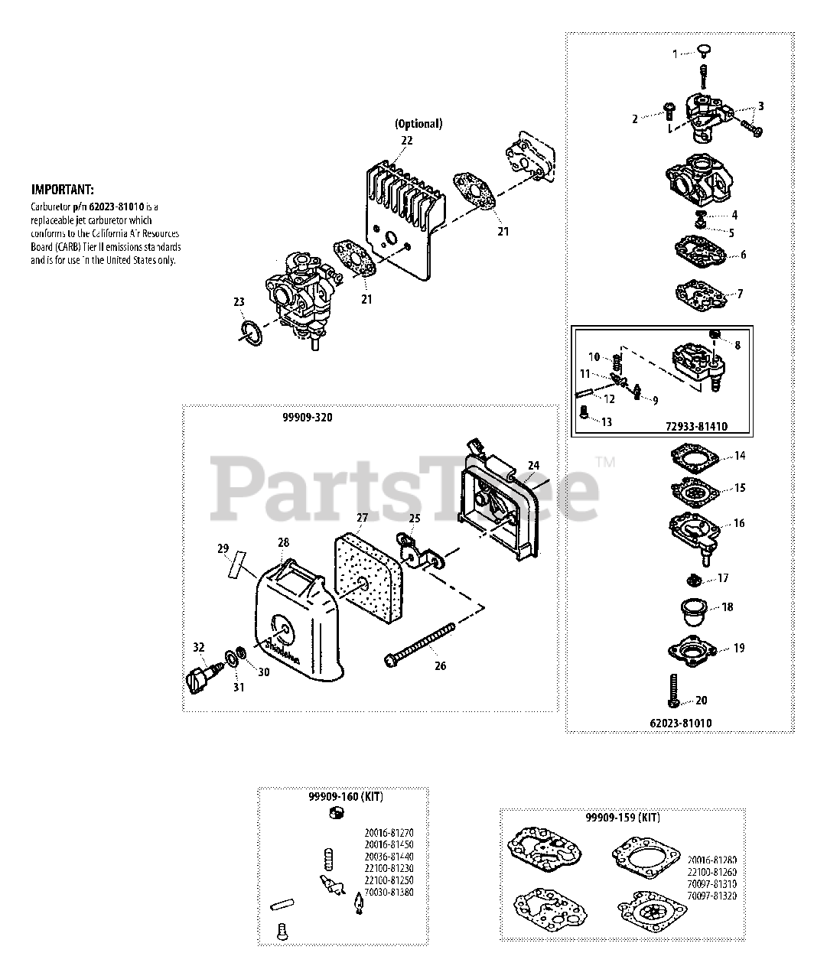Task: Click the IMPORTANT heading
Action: [x=63, y=190]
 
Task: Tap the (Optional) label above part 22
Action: [x=418, y=124]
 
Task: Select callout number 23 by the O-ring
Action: [x=239, y=302]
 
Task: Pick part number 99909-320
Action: [x=311, y=418]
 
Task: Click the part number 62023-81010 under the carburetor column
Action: [x=680, y=722]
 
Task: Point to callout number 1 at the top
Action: [x=675, y=54]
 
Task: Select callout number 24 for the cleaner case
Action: [x=533, y=465]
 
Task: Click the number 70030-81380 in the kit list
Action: [x=390, y=892]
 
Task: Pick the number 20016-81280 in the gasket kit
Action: [x=711, y=859]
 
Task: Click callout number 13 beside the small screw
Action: [x=607, y=422]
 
